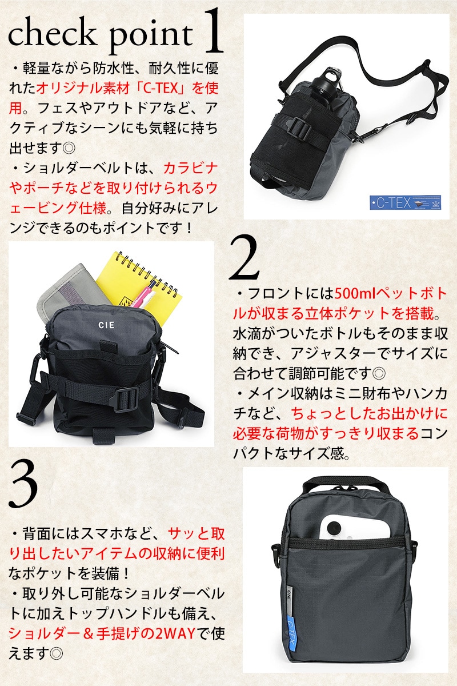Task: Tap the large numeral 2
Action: click(x=244, y=258)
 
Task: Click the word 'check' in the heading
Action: click(x=51, y=34)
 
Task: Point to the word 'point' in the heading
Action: click(x=151, y=38)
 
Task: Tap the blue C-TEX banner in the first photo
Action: click(x=405, y=202)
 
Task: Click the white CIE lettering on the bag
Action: click(x=106, y=325)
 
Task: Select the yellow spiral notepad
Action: click(x=140, y=285)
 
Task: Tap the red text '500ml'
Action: click(x=355, y=294)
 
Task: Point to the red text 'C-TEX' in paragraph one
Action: click(x=161, y=89)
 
